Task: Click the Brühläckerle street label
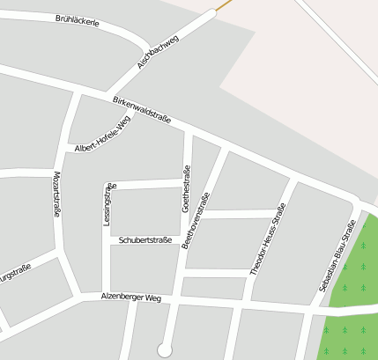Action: (77, 20)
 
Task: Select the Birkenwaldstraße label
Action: (141, 110)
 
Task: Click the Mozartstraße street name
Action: (57, 195)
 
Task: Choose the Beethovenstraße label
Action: (196, 220)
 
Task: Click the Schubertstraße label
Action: (145, 239)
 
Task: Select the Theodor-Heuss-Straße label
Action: (268, 240)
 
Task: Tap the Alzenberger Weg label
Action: (131, 298)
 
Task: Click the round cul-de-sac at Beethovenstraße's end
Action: (165, 349)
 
